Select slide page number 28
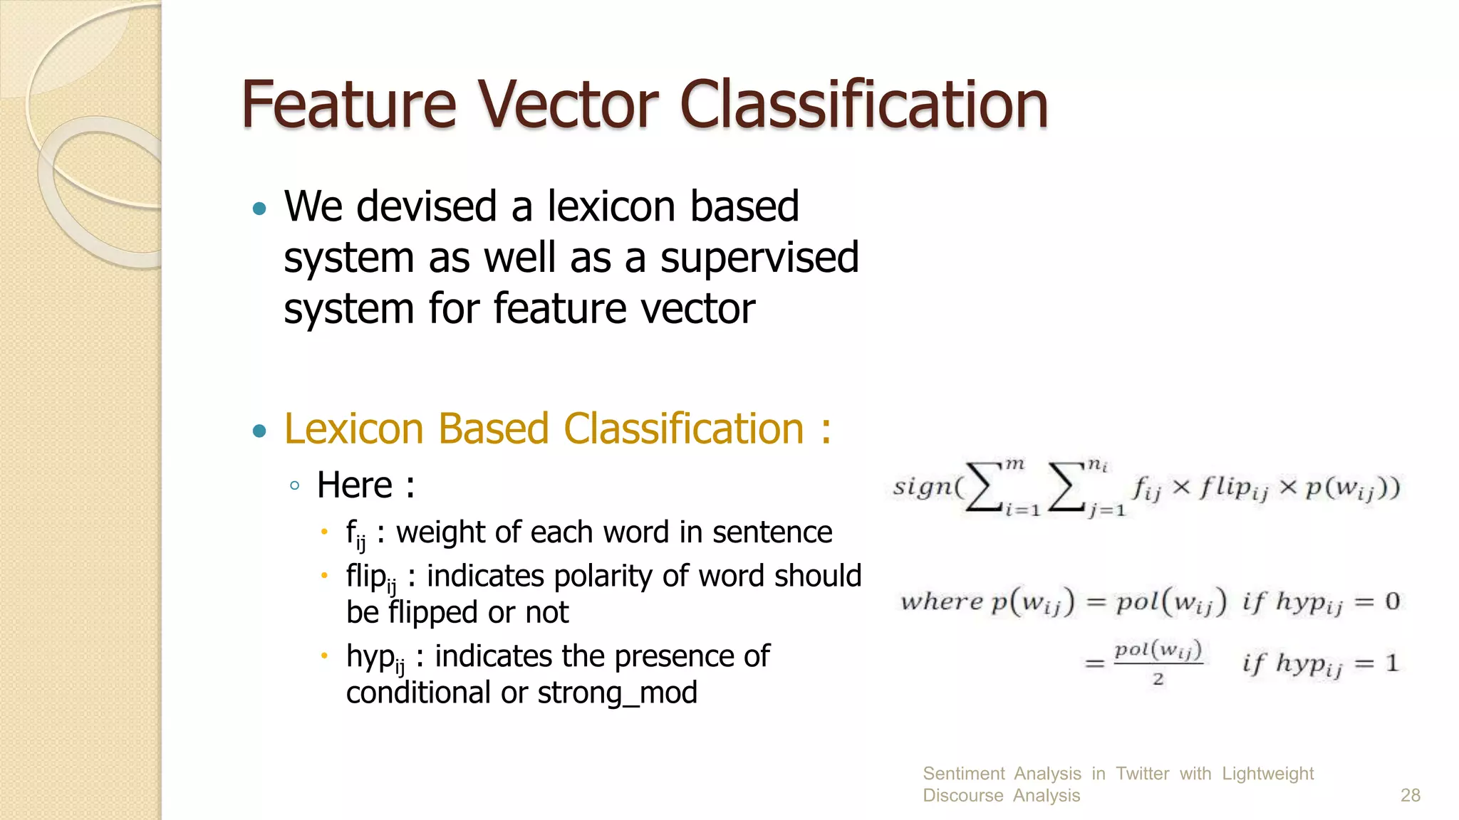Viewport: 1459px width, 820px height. click(x=1410, y=795)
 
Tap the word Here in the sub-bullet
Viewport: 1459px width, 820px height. click(x=354, y=485)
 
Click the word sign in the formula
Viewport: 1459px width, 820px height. click(x=922, y=487)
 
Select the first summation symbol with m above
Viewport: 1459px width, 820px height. click(x=983, y=488)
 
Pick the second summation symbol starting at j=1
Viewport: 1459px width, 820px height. click(x=1066, y=488)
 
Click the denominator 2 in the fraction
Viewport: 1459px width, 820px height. click(x=1158, y=679)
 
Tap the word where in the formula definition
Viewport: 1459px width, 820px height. click(x=942, y=602)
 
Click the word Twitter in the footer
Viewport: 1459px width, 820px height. click(x=1142, y=774)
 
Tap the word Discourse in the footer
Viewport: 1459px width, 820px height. click(x=962, y=795)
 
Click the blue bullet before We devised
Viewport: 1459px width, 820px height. click(x=259, y=209)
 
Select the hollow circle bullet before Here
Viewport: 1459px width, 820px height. click(x=295, y=486)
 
